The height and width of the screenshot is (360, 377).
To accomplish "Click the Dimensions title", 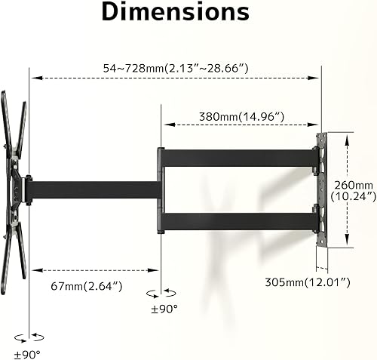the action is coord(176,12).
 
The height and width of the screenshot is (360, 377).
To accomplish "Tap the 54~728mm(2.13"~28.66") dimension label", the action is coord(176,68).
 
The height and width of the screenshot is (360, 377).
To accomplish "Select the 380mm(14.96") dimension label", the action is coord(241,117).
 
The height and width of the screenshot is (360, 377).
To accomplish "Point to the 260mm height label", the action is coord(354,186).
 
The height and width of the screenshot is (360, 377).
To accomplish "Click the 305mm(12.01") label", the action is coord(308,282).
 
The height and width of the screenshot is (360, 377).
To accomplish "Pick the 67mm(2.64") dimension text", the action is coord(87,286).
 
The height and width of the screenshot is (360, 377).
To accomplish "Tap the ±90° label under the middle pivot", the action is coord(164,309).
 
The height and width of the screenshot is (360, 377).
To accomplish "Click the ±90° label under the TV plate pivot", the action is coord(27,355).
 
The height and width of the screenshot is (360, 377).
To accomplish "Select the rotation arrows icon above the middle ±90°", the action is coord(161,293).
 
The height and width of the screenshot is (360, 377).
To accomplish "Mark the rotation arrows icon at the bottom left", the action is coord(29,337).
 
